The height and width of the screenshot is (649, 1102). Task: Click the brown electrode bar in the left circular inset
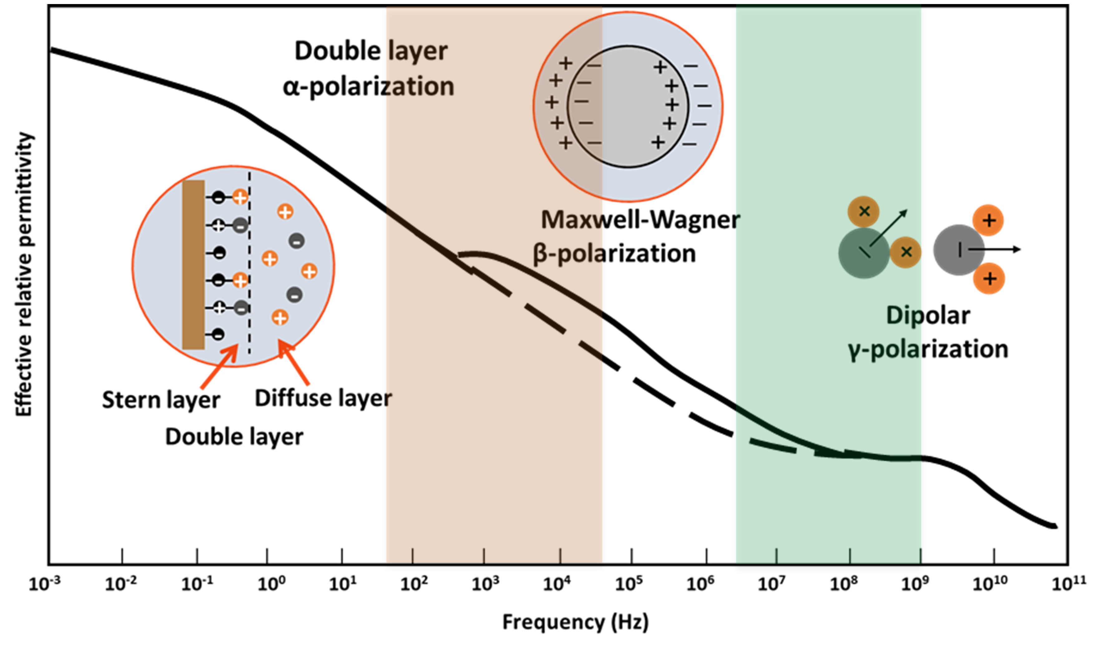pyautogui.click(x=193, y=265)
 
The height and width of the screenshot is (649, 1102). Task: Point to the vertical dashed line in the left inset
pyautogui.click(x=250, y=262)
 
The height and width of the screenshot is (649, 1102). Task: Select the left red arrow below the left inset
pyautogui.click(x=218, y=367)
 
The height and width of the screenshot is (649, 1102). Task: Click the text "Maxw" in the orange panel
pyautogui.click(x=571, y=220)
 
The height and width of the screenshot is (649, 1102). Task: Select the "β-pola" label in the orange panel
pyautogui.click(x=568, y=254)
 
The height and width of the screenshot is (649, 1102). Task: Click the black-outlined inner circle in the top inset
pyautogui.click(x=628, y=106)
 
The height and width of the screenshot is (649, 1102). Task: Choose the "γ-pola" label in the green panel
pyautogui.click(x=884, y=350)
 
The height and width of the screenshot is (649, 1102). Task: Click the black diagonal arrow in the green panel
pyautogui.click(x=888, y=228)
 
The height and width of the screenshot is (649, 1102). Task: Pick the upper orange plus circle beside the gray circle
pyautogui.click(x=988, y=220)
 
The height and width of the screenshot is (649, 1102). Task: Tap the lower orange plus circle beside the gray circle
pyautogui.click(x=989, y=279)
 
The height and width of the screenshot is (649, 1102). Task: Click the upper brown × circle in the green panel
pyautogui.click(x=863, y=212)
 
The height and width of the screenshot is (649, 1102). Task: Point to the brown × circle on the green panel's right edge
pyautogui.click(x=906, y=252)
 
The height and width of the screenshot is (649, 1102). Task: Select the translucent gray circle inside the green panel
pyautogui.click(x=863, y=253)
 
